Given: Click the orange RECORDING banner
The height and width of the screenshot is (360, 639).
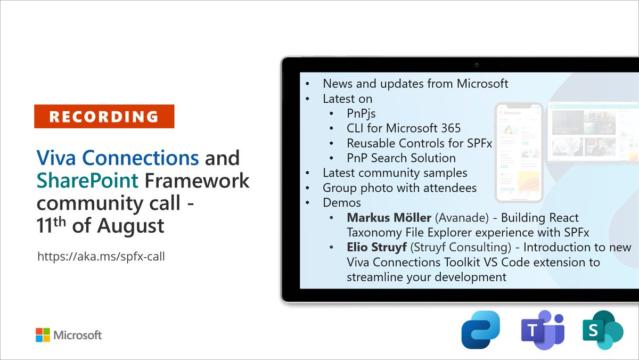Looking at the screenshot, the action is [x=104, y=117].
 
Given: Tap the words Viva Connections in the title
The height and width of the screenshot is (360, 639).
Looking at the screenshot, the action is [x=118, y=158].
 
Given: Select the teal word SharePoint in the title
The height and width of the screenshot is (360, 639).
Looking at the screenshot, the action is [x=87, y=181].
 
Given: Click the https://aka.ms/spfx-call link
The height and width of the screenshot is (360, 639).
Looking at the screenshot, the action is [x=101, y=257].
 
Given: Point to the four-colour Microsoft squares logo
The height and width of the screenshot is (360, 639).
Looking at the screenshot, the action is [x=43, y=335].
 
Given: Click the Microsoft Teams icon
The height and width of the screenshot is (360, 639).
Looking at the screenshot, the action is [x=543, y=330].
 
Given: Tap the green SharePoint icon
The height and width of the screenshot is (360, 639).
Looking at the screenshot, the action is [x=603, y=330].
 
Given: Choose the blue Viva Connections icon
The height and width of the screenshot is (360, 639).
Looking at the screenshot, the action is [x=481, y=330].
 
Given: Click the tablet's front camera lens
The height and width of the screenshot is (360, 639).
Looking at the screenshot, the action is [x=477, y=65].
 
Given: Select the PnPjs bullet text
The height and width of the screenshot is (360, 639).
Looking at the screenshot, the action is [x=361, y=113].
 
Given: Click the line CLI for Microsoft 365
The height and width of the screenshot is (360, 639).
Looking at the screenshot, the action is [x=404, y=128].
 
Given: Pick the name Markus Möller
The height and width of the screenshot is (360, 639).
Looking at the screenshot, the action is [x=389, y=218].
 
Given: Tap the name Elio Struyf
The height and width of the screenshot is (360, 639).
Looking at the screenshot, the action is [x=376, y=247].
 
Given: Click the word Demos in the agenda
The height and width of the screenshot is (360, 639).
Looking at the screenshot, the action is [x=342, y=202].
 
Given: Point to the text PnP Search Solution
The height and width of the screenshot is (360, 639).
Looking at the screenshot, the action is [x=401, y=158].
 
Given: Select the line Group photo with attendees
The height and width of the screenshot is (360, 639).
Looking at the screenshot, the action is [x=400, y=188].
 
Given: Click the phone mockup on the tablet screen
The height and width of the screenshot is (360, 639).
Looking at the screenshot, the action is [x=519, y=153].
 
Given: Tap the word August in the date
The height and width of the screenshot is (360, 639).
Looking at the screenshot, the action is [x=130, y=226].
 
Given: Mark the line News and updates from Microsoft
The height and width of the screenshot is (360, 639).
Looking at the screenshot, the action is [x=415, y=84].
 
